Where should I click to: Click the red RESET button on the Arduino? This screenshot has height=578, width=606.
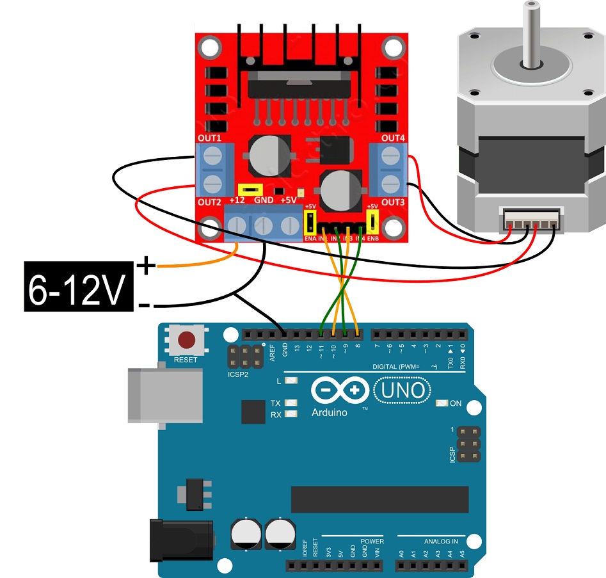[186, 340]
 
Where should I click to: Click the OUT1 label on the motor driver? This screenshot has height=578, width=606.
[209, 138]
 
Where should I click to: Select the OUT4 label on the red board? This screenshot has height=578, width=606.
[393, 138]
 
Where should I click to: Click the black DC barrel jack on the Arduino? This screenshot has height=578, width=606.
[180, 540]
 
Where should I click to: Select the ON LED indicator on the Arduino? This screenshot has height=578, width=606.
[441, 403]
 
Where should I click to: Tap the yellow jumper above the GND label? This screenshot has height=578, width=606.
[251, 189]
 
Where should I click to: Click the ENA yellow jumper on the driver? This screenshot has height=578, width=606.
[310, 222]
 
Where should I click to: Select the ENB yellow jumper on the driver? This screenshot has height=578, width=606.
[372, 222]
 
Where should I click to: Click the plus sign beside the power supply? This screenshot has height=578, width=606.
[146, 265]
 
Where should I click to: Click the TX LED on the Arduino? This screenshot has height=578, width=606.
[292, 403]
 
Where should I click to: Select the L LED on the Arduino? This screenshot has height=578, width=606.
[292, 381]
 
